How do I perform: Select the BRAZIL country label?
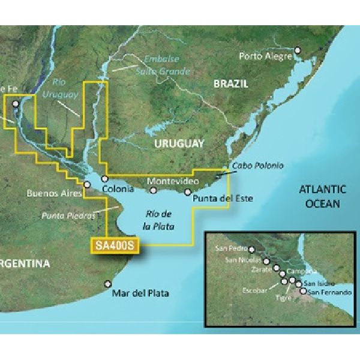[230, 85]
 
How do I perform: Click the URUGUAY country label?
[179, 144]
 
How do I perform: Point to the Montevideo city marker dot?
[154, 191]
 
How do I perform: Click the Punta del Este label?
[220, 198]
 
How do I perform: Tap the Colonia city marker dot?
[104, 179]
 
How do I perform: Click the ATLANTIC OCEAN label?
[323, 196]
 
